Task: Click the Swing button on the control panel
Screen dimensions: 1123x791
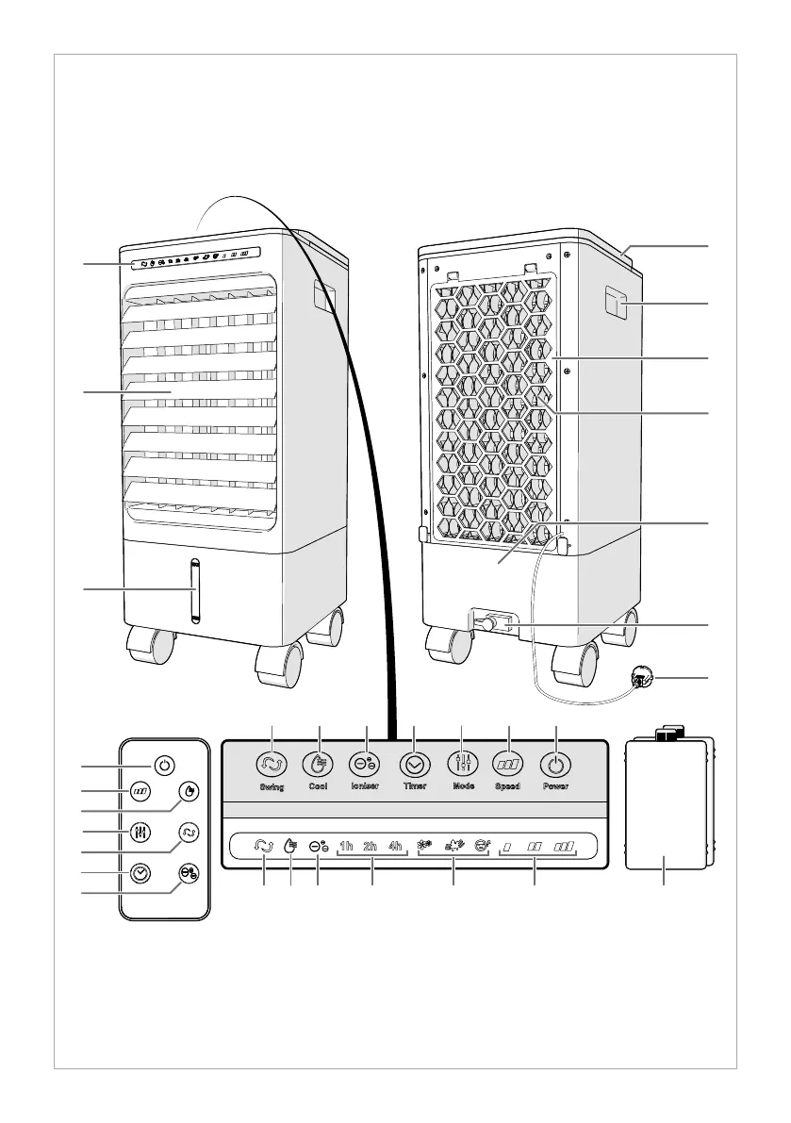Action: click(x=272, y=764)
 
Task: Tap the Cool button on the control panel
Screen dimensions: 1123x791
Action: click(x=320, y=764)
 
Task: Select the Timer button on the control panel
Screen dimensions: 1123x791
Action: click(x=414, y=764)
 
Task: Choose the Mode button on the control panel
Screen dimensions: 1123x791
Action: click(x=461, y=764)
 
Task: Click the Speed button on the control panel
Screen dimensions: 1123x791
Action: click(x=508, y=764)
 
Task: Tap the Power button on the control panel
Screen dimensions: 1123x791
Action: click(x=555, y=764)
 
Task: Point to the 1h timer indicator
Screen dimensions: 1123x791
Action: click(x=346, y=846)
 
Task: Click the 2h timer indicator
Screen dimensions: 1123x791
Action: click(x=371, y=846)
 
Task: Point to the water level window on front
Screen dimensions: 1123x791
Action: click(x=195, y=590)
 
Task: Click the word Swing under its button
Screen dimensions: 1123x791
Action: click(x=272, y=786)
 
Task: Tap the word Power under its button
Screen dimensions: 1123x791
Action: click(x=555, y=786)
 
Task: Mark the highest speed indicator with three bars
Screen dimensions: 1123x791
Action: click(x=567, y=847)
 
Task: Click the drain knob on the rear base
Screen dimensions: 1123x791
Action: click(x=486, y=624)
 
